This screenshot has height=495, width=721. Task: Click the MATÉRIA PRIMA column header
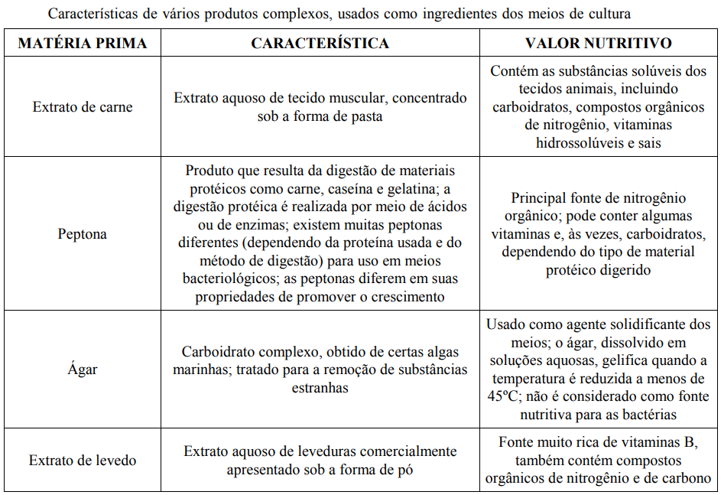[82, 44]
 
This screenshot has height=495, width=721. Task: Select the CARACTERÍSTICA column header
[320, 44]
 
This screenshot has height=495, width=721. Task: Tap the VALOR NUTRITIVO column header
[599, 44]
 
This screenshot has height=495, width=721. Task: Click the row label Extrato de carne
[82, 107]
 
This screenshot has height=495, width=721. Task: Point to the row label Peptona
[82, 234]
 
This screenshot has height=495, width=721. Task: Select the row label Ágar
[82, 370]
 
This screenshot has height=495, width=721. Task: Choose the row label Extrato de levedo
[82, 460]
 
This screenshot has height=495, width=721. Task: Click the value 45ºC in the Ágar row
[503, 396]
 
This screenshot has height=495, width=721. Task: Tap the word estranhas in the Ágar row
[320, 387]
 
